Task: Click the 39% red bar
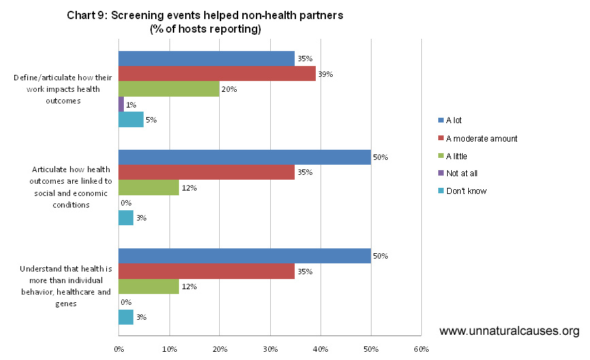(217, 73)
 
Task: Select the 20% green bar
(169, 88)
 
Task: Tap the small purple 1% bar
(121, 104)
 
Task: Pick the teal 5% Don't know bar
(131, 119)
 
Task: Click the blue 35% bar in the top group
(207, 59)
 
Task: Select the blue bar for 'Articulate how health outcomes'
(245, 157)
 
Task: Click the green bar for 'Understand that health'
(148, 287)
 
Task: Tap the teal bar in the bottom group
(126, 317)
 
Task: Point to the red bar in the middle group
(207, 172)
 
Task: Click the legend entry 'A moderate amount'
(481, 138)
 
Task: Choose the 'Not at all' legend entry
(463, 174)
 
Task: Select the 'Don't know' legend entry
(466, 191)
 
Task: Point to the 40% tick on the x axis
(321, 349)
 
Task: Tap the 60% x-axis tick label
(421, 349)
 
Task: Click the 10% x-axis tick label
(169, 349)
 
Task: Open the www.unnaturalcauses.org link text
(509, 331)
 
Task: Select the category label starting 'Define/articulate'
(57, 89)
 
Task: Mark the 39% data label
(325, 73)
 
